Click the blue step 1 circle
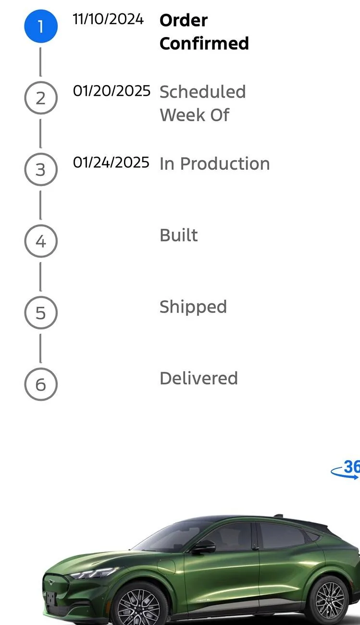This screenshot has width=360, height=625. click(41, 26)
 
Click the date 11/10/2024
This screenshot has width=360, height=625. click(108, 19)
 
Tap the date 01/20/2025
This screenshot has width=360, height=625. click(112, 91)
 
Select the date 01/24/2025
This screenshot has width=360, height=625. click(111, 162)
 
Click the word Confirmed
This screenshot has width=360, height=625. click(204, 44)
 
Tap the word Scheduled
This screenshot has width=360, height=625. click(203, 92)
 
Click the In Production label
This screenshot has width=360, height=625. click(215, 163)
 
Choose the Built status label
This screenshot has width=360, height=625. click(179, 235)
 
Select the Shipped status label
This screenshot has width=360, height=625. click(193, 307)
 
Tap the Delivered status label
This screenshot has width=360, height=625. click(199, 378)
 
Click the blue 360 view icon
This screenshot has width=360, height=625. click(346, 470)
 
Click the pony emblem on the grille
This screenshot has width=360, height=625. click(50, 582)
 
